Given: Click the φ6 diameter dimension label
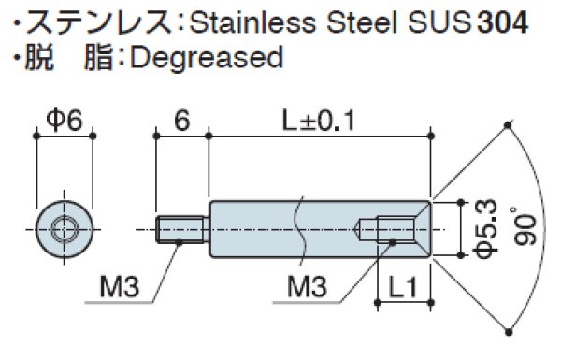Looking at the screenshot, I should pos(65,119).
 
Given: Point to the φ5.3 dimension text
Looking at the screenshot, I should pos(485,226).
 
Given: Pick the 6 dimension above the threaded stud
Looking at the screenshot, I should pos(182,119).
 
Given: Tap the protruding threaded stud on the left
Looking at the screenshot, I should pos(182,227).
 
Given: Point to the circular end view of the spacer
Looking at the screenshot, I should pos(65,227).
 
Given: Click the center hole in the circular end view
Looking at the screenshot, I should pos(65,227).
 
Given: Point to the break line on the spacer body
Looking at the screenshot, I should pos(299,227).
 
